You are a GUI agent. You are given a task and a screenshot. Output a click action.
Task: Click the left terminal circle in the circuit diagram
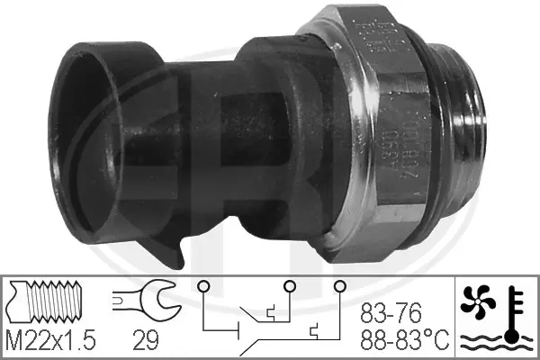click(x=203, y=288)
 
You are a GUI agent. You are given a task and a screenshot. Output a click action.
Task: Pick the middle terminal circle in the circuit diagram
click(x=289, y=288)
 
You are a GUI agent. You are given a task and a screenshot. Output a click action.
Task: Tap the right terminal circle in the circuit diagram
click(x=339, y=288)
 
